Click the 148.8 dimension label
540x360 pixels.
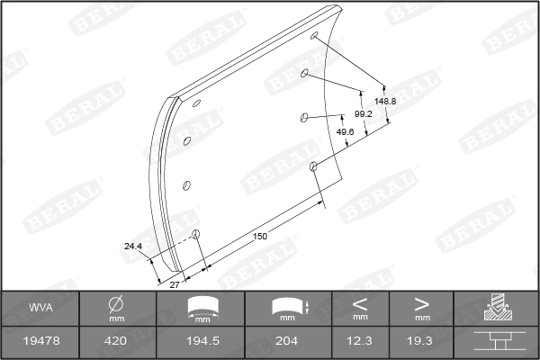click(385, 102)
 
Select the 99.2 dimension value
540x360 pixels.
click(363, 114)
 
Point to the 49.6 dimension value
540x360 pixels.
click(344, 131)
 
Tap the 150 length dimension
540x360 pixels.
click(259, 236)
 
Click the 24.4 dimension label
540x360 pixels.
click(133, 245)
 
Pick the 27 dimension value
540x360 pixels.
click(175, 283)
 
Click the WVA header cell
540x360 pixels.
click(40, 309)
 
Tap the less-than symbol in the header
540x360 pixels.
click(360, 303)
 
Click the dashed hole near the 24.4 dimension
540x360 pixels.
click(196, 236)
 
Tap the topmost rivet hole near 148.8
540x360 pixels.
click(315, 37)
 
